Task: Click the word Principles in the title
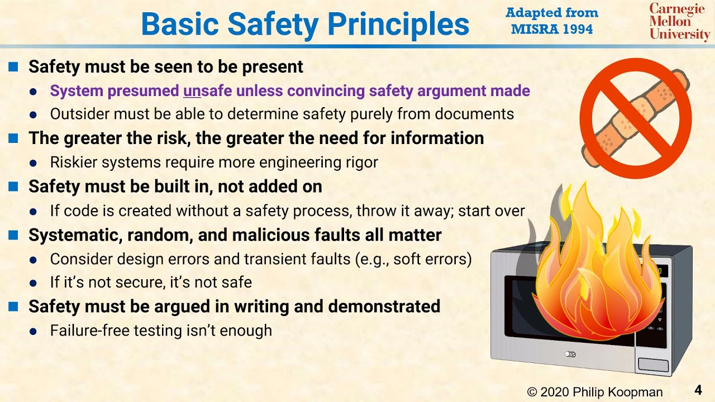[398, 24]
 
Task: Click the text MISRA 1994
[552, 29]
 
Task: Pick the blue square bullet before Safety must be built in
[13, 186]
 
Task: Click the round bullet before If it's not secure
[34, 283]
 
